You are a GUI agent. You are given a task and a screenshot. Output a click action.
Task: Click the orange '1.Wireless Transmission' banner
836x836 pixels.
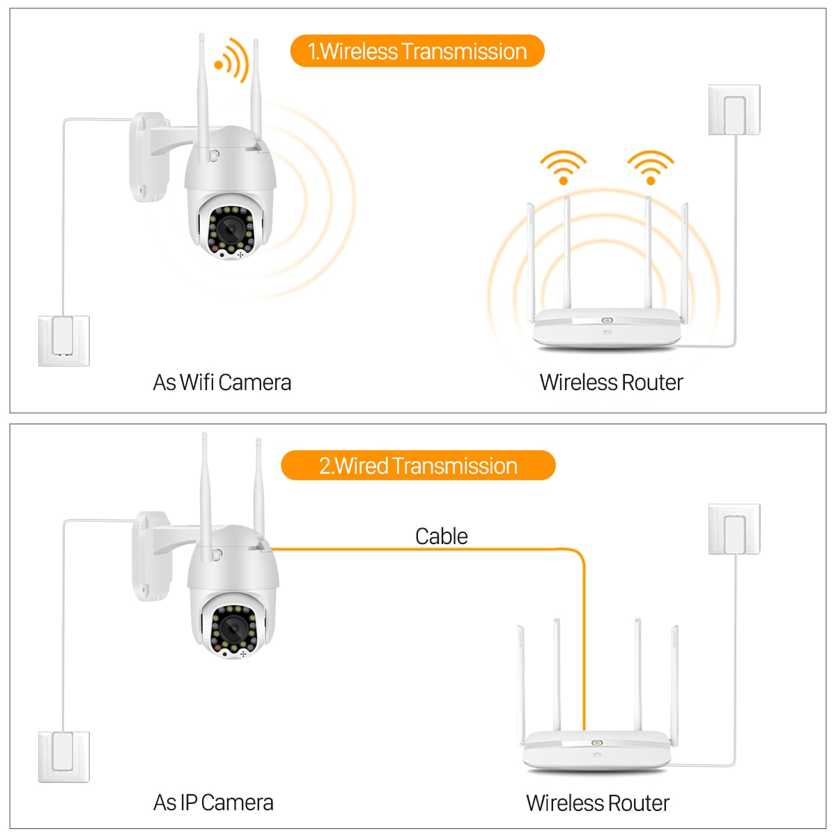click(x=417, y=52)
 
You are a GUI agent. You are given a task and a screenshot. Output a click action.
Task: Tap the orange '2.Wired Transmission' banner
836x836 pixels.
click(x=418, y=465)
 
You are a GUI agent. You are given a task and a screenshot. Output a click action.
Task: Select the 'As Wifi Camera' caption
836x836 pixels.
click(x=222, y=382)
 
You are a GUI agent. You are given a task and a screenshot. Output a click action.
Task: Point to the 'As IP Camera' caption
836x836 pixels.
click(x=213, y=803)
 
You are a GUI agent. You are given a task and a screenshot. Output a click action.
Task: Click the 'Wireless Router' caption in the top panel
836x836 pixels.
click(x=611, y=382)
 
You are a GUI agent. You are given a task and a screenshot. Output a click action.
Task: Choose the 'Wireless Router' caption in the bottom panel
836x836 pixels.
click(x=597, y=803)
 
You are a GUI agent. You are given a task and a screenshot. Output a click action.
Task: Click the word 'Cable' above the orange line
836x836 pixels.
click(x=441, y=536)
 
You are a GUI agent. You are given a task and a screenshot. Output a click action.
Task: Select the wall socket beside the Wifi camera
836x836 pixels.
click(x=63, y=340)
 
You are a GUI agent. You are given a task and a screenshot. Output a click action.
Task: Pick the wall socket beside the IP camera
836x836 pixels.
click(x=63, y=756)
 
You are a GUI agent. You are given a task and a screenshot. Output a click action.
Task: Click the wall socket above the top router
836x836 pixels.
click(x=734, y=110)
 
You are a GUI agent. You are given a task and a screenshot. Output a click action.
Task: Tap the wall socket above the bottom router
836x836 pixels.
click(x=734, y=529)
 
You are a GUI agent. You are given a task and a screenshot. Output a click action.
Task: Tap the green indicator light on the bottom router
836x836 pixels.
click(x=596, y=743)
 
